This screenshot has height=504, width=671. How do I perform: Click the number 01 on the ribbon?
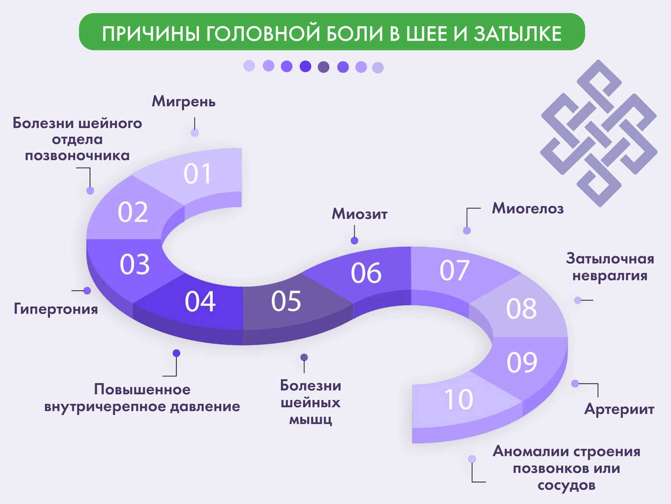(197, 174)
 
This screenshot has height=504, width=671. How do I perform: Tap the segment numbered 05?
(286, 301)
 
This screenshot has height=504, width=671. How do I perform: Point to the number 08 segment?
(521, 309)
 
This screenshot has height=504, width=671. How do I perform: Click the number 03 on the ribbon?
(135, 264)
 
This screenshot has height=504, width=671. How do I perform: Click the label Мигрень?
(183, 102)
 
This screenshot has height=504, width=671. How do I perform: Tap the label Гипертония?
(56, 309)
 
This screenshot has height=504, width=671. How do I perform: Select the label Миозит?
(360, 214)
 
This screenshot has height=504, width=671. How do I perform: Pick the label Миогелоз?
(528, 209)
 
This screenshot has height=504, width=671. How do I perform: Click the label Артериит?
(619, 409)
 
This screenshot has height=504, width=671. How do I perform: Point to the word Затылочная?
(610, 259)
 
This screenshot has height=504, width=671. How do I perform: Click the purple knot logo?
(598, 133)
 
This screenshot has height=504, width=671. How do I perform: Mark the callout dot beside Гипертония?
(87, 291)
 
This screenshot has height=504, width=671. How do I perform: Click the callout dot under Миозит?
(354, 240)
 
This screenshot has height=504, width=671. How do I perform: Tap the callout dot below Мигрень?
(195, 133)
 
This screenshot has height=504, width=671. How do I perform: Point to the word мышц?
(310, 419)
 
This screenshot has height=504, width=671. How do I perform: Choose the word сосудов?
(566, 485)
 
